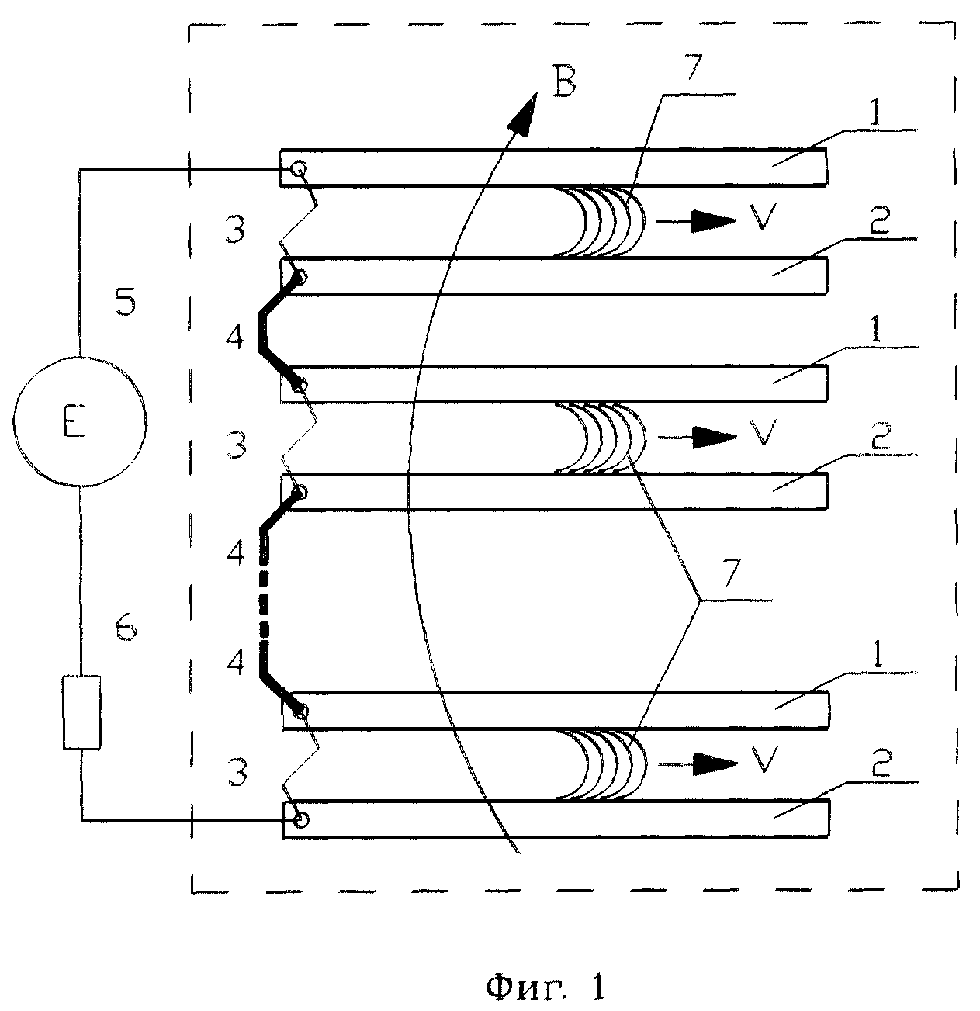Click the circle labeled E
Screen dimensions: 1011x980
(80, 423)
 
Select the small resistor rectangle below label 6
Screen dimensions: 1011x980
(81, 712)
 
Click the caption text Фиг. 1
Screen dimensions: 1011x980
(544, 988)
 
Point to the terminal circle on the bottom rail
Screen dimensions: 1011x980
(300, 819)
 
